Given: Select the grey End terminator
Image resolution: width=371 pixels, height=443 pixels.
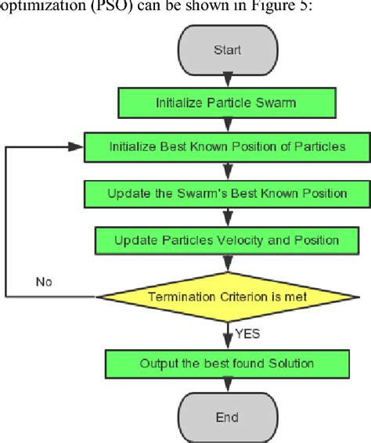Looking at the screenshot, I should [227, 418].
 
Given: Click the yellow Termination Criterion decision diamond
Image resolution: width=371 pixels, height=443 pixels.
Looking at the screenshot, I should [227, 297].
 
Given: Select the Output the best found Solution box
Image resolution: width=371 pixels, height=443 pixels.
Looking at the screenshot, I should [227, 363].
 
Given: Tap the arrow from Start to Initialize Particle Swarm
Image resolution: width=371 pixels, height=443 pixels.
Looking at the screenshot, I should [227, 78].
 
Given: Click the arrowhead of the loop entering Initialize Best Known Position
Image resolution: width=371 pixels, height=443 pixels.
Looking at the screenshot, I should [78, 146].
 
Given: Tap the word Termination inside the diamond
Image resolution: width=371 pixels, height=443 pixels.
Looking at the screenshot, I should [182, 297].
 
